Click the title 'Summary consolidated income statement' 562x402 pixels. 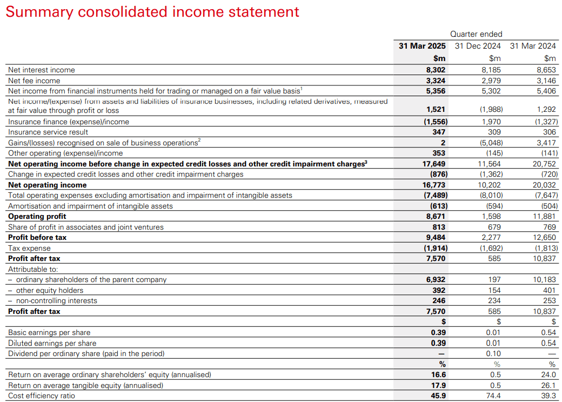pos(152,12)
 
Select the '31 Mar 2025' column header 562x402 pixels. pos(422,46)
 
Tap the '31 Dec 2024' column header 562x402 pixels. pos(478,46)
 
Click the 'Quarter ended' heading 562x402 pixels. pos(476,34)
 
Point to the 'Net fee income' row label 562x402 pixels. pos(34,81)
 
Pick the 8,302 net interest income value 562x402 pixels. pos(436,70)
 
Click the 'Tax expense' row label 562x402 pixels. pos(29,248)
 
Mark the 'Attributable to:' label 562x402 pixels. pos(33,269)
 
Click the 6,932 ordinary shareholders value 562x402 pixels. pos(436,280)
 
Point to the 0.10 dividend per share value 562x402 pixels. pos(493,353)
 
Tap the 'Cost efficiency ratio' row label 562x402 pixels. pos(42,396)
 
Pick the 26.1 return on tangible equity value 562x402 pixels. pos(548,385)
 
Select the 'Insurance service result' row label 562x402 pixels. pos(48,132)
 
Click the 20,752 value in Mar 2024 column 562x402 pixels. pos(545,164)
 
